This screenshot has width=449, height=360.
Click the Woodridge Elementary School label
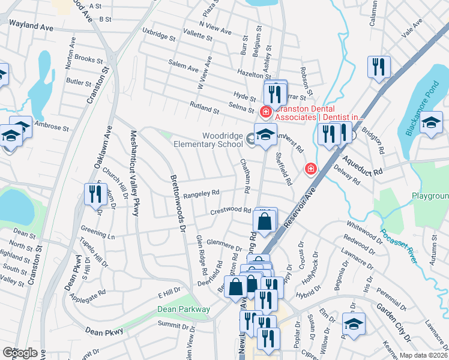pyautogui.click(x=208, y=140)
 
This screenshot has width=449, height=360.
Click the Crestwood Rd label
pyautogui.click(x=230, y=211)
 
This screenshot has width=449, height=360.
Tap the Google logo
pyautogui.click(x=20, y=353)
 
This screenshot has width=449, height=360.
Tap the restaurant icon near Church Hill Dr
pyautogui.click(x=95, y=194)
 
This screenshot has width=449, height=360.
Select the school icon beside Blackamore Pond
pyautogui.click(x=431, y=124)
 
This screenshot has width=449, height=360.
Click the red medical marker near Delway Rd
pyautogui.click(x=310, y=169)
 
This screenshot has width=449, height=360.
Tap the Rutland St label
pyautogui.click(x=204, y=107)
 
